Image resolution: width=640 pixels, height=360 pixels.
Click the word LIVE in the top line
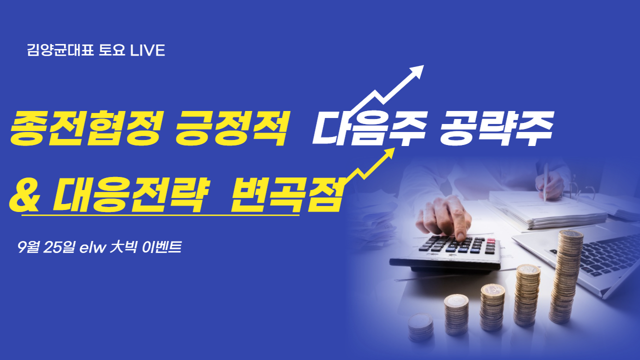tap(147, 50)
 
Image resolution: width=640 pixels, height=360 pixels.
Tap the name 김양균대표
tap(60, 50)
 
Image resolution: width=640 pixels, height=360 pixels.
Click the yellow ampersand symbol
tap(24, 194)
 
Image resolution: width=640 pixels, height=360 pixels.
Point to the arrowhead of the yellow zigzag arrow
tap(389, 153)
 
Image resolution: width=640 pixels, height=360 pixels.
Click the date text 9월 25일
tap(45, 247)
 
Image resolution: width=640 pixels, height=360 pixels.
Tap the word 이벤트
tap(162, 247)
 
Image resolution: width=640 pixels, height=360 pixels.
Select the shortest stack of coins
tap(420, 327)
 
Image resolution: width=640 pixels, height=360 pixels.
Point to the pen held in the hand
tap(545, 182)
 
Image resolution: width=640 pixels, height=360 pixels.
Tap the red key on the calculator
tap(491, 240)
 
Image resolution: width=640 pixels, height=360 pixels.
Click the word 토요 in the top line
tap(111, 50)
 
